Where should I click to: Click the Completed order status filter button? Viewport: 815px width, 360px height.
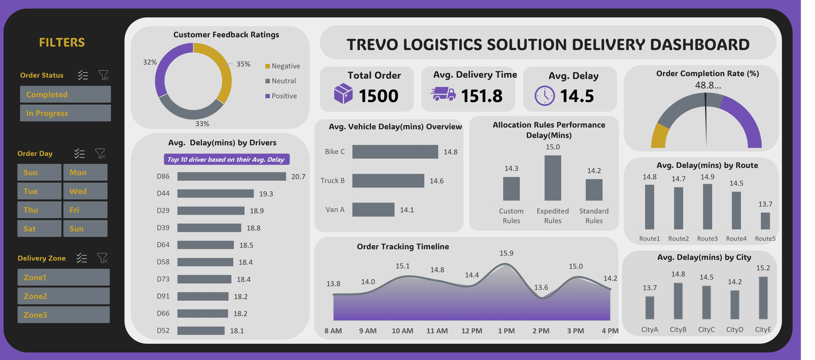click(x=65, y=94)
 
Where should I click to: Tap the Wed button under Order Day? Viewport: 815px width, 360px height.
click(x=85, y=191)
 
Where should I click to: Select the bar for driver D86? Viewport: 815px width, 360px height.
click(x=231, y=176)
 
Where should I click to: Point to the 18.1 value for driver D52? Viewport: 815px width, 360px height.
click(x=237, y=331)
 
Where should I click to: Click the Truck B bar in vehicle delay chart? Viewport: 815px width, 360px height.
click(x=388, y=181)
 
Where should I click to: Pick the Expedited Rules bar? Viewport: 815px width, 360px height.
click(x=552, y=178)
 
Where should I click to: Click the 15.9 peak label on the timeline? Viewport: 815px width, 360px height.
click(x=506, y=253)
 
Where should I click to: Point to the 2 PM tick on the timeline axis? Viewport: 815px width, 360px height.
click(x=541, y=331)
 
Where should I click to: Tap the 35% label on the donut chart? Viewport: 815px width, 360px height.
click(x=243, y=64)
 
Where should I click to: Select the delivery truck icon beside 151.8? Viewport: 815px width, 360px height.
click(x=443, y=94)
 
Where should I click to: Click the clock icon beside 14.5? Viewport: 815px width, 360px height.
click(x=544, y=95)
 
